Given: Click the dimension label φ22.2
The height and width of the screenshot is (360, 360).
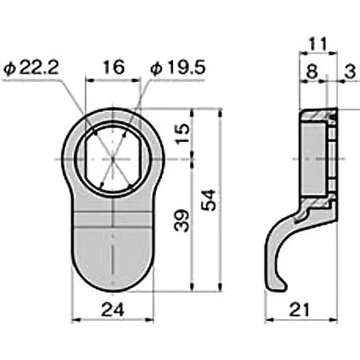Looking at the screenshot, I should click(31, 68).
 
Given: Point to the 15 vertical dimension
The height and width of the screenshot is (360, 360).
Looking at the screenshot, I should click(180, 134).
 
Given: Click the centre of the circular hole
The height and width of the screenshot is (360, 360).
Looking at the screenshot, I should click(112, 159).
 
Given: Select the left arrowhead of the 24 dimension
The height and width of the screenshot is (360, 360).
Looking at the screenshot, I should click(74, 320).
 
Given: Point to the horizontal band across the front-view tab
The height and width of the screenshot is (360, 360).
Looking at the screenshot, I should click(112, 218).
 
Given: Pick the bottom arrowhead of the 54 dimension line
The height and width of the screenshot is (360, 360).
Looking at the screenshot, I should click(220, 290).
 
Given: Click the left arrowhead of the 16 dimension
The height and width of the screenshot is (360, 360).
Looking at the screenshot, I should click(88, 81).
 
